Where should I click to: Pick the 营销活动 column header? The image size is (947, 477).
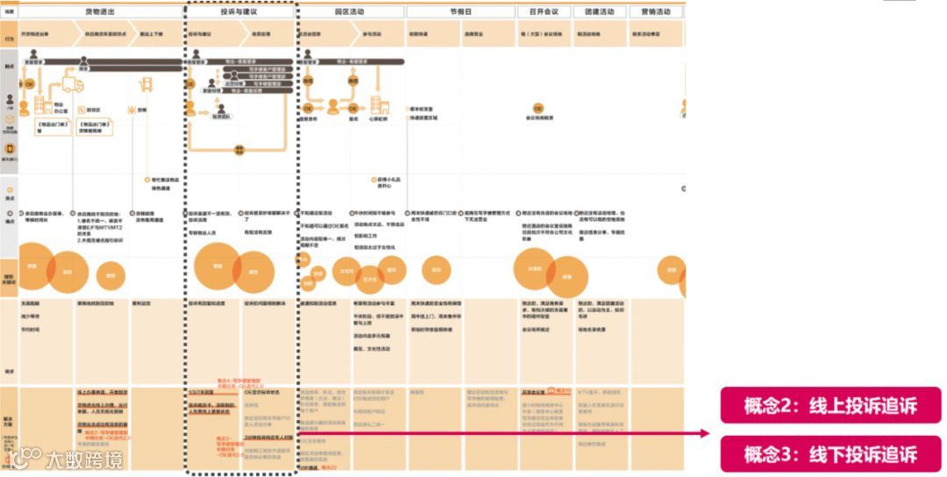[x=655, y=12]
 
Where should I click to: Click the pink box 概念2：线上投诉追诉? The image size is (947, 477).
[x=830, y=406]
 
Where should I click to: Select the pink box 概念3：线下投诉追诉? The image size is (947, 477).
[x=830, y=454]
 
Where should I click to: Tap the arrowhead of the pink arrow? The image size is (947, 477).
[x=707, y=432]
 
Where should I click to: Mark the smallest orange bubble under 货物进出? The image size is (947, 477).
[x=110, y=274]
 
